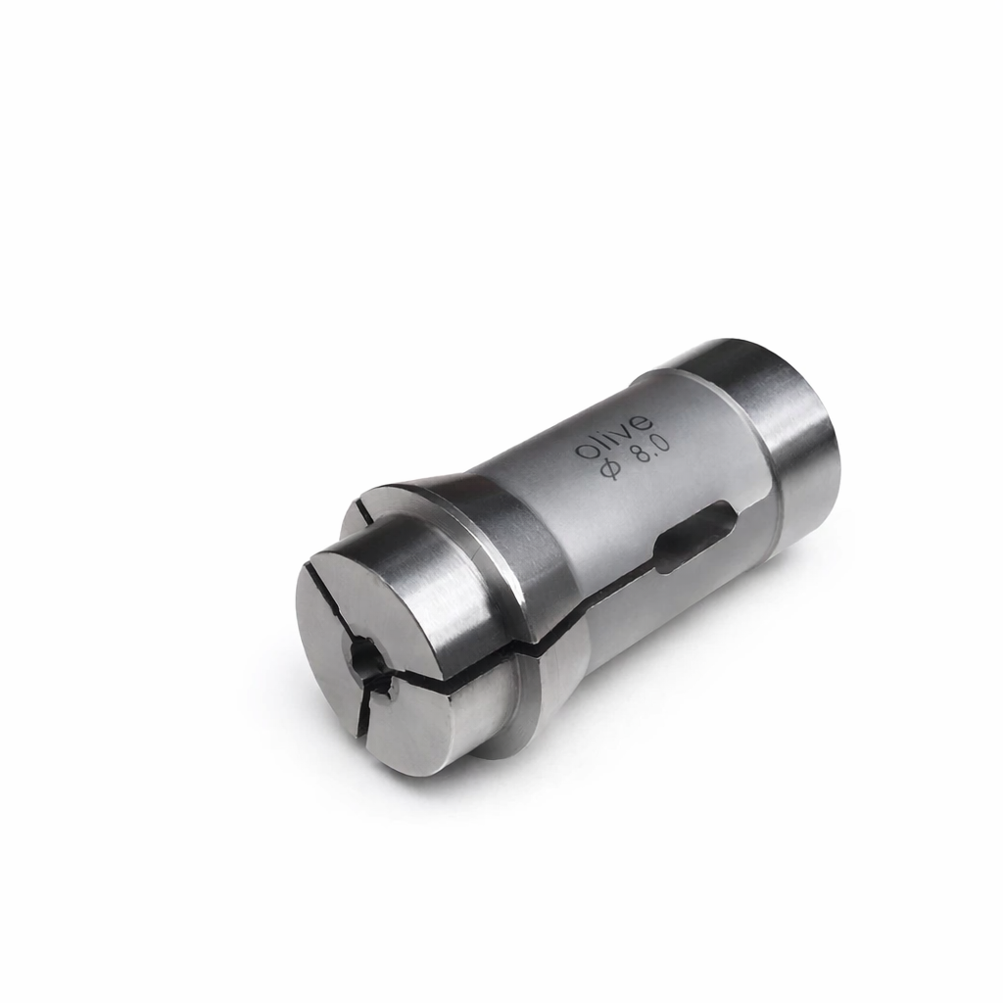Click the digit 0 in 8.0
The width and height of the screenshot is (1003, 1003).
coord(661,442)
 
